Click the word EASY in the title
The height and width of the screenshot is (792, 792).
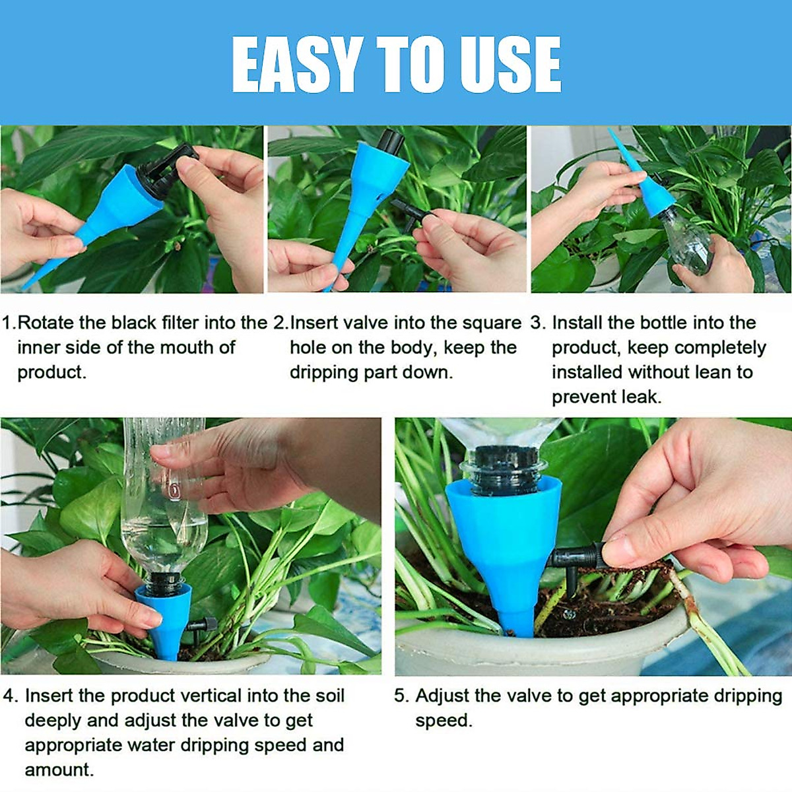297,65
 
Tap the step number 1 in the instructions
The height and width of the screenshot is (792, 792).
7,323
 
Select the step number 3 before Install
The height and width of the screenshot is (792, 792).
537,323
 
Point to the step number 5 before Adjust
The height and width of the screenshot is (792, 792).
401,696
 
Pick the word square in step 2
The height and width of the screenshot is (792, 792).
488,323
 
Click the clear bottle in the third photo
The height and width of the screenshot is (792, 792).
686,241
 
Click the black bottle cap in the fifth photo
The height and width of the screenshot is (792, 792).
502,465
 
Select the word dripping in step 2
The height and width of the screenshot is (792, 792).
323,373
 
